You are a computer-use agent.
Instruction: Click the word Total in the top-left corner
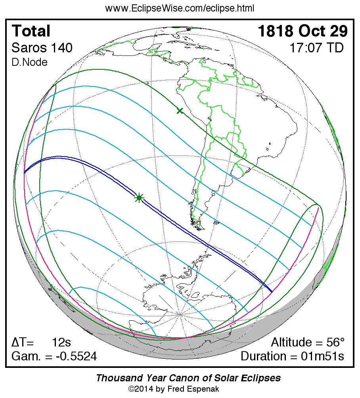(31, 31)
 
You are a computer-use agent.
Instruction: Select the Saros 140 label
(42, 48)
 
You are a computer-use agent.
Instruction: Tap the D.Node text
(30, 62)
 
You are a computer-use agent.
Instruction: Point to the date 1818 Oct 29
(303, 31)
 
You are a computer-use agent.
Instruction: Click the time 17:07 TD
(316, 48)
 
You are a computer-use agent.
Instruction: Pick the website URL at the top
(180, 8)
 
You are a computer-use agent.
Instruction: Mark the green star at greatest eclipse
(139, 197)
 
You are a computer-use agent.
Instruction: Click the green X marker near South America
(180, 111)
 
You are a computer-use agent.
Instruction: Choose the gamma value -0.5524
(75, 356)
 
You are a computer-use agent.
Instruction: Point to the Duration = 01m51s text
(292, 356)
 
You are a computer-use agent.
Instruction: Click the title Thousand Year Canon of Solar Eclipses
(188, 378)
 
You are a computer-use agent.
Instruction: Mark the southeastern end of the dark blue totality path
(271, 292)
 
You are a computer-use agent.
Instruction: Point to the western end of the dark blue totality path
(25, 172)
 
